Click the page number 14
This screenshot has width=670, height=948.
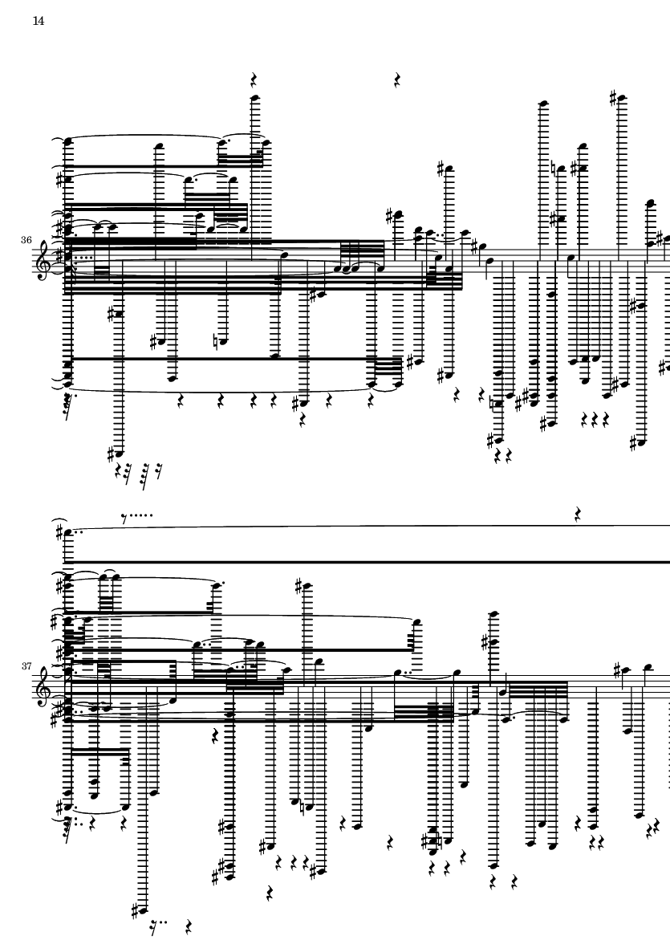point(38,22)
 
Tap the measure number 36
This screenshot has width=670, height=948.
point(26,240)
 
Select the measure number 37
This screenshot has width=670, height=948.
point(26,665)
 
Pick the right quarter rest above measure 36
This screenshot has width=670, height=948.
point(397,79)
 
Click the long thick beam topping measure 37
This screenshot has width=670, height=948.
point(369,562)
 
